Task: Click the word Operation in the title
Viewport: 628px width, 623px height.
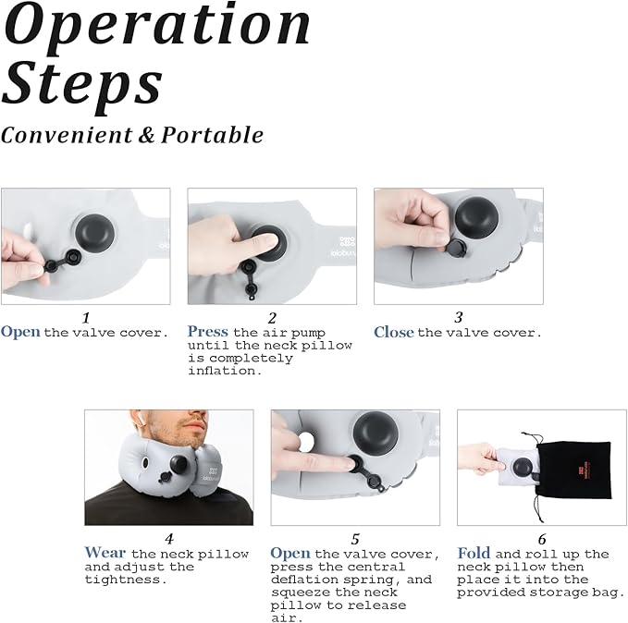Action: tap(156, 26)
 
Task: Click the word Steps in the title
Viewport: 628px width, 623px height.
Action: tap(82, 85)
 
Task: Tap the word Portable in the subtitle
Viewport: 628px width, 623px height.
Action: tap(213, 135)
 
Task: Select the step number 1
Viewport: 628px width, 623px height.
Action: tap(86, 318)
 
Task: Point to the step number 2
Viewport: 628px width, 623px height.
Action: tap(272, 318)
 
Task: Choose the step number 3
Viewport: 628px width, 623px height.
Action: tap(459, 317)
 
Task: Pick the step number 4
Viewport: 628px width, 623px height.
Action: tap(169, 539)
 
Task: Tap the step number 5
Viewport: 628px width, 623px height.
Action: tap(355, 539)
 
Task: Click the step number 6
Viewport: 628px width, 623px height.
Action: tap(542, 539)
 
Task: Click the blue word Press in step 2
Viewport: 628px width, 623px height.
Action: tap(208, 332)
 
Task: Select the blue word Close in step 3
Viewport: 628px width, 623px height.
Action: tap(394, 332)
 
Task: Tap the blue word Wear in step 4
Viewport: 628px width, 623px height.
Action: tap(105, 553)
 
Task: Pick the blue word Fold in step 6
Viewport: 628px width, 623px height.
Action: tap(474, 553)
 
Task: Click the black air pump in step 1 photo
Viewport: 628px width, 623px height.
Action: tap(94, 234)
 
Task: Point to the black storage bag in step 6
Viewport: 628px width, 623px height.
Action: tap(573, 470)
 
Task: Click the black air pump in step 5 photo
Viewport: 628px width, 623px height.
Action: tap(376, 434)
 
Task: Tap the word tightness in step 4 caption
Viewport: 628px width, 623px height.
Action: tap(126, 580)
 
